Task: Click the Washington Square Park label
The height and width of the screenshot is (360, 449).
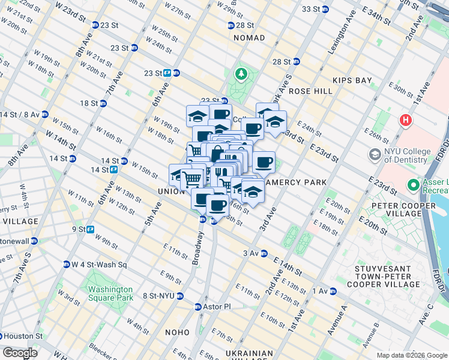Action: coord(110,293)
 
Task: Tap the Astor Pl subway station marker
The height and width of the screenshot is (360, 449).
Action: coord(198,307)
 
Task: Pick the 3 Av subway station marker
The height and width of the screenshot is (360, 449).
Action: coord(264,254)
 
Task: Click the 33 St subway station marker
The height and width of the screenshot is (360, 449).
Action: coord(325,9)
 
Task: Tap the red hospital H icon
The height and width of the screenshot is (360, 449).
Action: coord(406,121)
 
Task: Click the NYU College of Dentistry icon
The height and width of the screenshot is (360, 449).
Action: coord(375,155)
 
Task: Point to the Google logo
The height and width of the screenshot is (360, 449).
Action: coord(19,353)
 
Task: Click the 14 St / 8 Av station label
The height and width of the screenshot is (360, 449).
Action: coord(20,115)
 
